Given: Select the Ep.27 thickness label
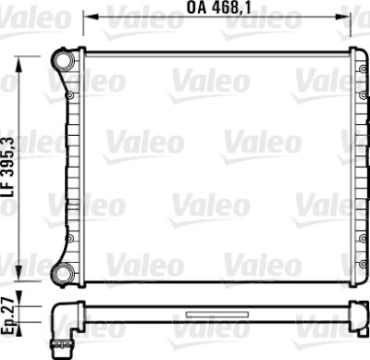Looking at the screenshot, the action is pos(9,316).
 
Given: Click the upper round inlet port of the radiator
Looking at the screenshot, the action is pos(63,59).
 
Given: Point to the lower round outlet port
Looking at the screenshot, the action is pos(63,273).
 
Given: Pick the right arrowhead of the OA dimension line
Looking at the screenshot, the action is pos(342,17).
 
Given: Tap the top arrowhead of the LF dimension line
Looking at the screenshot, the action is pos(19,64).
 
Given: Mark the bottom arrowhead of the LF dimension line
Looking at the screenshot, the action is pos(19,273).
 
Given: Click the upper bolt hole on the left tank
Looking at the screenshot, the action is pos(70,95).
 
